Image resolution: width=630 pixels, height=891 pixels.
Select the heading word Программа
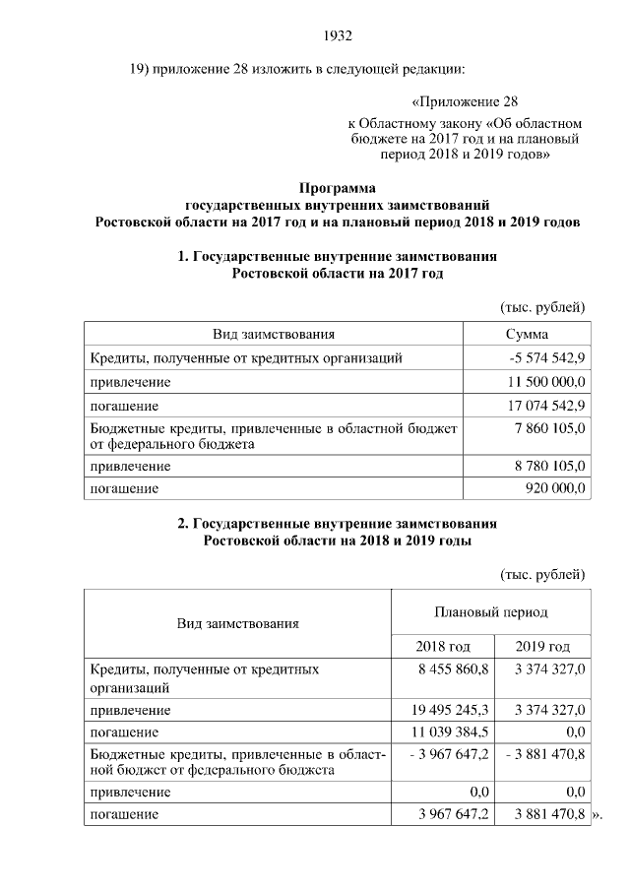pos(338,187)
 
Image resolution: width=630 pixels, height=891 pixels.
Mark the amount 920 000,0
pos(555,487)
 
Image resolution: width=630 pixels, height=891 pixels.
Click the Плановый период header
pos(491,612)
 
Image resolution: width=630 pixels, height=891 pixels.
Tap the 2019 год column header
pos(543,647)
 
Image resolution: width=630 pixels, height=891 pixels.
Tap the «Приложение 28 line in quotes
pos(463,101)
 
